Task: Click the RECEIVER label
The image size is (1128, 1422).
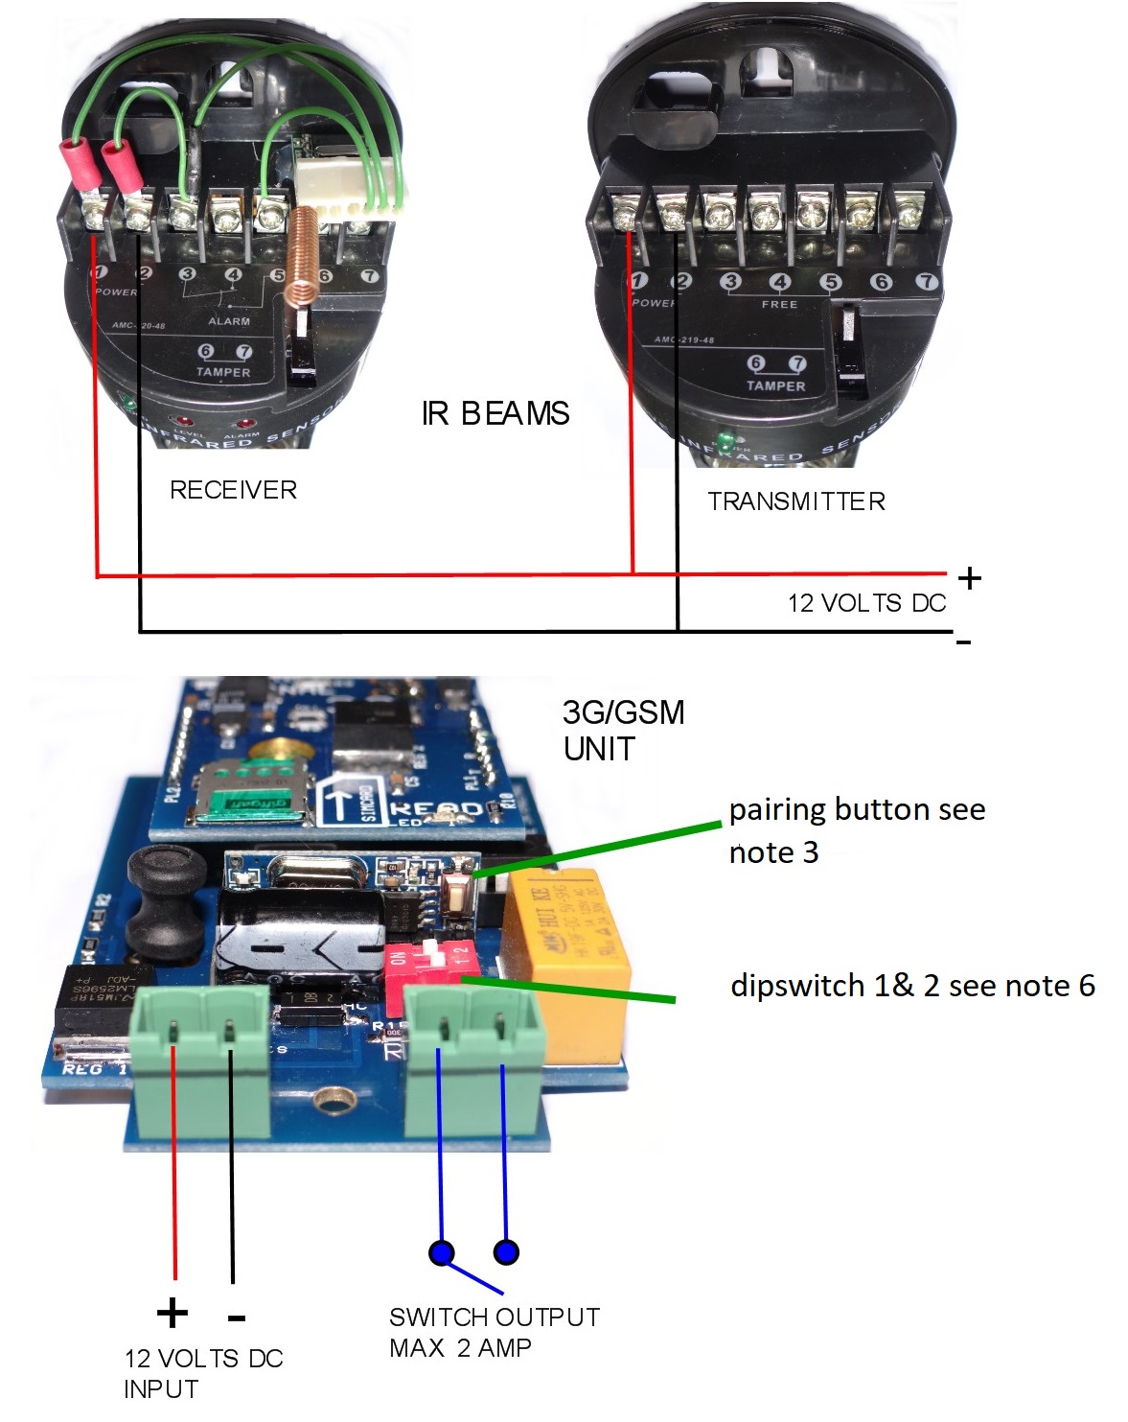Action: [x=233, y=490]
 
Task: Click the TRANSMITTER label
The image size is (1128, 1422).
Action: [x=796, y=501]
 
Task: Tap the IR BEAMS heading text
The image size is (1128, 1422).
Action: [x=495, y=413]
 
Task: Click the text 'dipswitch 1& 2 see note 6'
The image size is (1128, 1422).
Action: [x=911, y=986]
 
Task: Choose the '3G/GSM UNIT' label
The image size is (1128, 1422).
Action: [x=623, y=730]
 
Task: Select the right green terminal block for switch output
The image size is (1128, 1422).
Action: [x=473, y=1045]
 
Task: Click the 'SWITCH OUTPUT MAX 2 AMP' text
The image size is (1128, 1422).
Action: [x=494, y=1332]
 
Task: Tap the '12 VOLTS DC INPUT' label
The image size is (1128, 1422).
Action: [x=203, y=1373]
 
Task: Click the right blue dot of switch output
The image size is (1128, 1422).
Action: [x=506, y=1251]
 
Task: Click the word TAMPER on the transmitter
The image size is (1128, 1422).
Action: [x=775, y=386]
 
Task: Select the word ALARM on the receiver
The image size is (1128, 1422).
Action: [x=229, y=321]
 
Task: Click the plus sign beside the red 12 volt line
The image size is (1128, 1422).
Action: [x=970, y=578]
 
